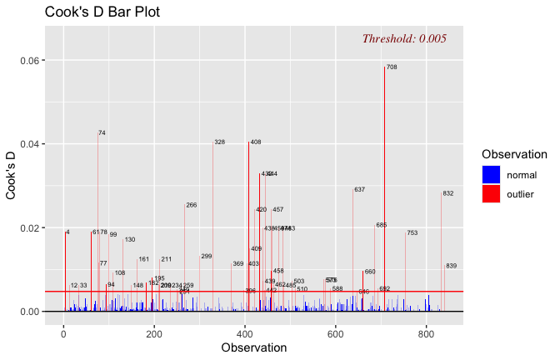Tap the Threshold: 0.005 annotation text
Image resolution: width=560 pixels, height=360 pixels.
[x=404, y=38]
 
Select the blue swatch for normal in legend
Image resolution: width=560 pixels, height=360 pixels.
[x=492, y=174]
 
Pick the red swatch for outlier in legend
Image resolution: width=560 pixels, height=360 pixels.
[x=492, y=193]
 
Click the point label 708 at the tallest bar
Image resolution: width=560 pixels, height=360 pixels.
[x=392, y=67]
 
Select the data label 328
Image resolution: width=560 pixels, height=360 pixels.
[x=220, y=142]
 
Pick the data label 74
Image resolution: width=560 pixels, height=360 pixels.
[x=102, y=133]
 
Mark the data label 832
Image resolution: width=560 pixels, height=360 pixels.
[x=448, y=193]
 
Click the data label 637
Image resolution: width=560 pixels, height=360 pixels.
[x=359, y=190]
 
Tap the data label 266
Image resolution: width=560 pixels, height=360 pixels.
[x=192, y=205]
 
